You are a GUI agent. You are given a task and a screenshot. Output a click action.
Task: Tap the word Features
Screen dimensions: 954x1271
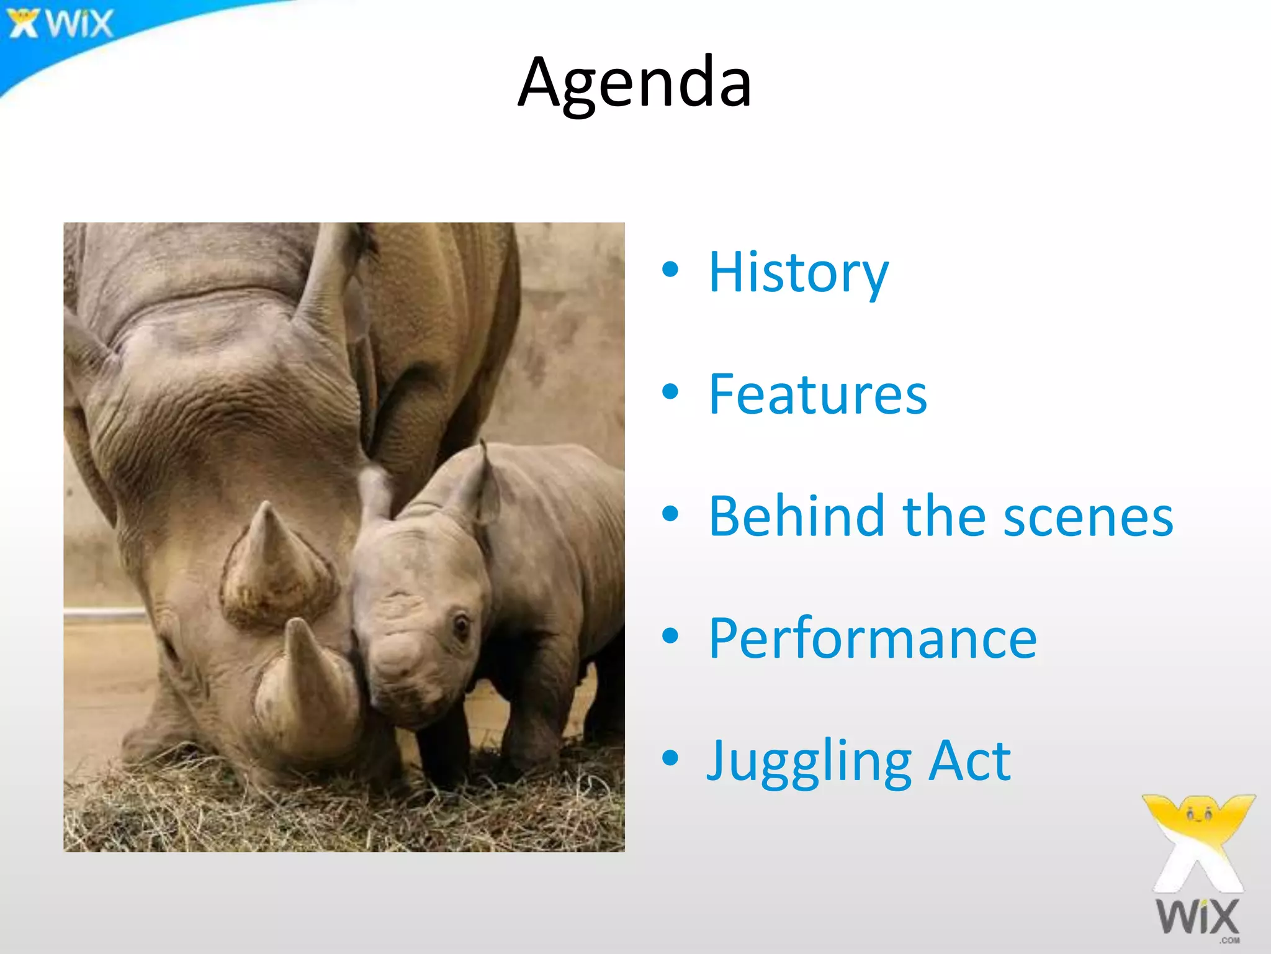tap(817, 394)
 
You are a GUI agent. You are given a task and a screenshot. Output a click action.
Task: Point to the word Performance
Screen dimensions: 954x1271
tap(872, 638)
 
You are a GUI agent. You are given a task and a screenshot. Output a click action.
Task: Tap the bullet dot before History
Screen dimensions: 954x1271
tap(670, 270)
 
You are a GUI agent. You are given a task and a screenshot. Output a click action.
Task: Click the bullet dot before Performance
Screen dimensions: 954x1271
tap(670, 636)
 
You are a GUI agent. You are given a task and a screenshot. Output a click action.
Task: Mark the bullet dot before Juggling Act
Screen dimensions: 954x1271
tap(670, 758)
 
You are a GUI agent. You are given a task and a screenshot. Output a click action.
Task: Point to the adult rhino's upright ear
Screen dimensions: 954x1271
tap(329, 279)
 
